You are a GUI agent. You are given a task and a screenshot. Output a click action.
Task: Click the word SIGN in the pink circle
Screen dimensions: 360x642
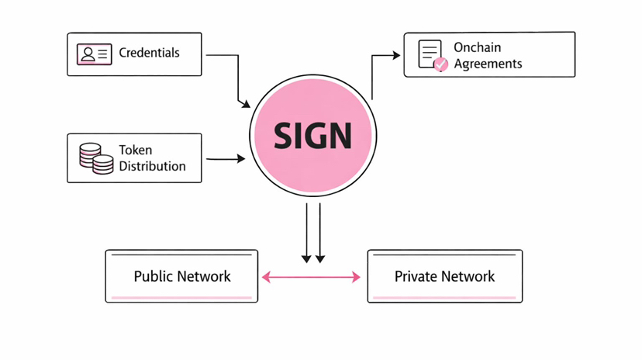(312, 136)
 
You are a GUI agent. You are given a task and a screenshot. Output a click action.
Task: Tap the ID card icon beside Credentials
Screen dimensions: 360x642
(94, 54)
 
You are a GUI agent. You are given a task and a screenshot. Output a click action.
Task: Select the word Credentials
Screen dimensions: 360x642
(149, 53)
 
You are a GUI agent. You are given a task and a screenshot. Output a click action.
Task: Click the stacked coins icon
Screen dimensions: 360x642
(96, 157)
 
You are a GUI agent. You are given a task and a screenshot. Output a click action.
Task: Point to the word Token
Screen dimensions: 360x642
(135, 150)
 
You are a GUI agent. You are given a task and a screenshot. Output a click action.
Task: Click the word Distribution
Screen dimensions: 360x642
(152, 166)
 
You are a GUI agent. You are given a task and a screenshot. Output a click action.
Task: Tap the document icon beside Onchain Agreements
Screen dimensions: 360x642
(430, 54)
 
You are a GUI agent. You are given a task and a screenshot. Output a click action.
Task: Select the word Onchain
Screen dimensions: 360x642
(477, 47)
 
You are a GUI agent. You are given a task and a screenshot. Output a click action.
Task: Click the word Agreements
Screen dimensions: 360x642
(488, 64)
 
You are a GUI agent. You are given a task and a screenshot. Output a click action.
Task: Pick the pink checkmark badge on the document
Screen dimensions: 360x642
(440, 65)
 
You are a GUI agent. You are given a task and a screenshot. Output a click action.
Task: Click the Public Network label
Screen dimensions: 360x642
(182, 276)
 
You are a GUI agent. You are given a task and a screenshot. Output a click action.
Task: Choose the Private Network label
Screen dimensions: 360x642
(444, 276)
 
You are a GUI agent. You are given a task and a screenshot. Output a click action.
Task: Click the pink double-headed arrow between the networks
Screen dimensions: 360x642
(311, 276)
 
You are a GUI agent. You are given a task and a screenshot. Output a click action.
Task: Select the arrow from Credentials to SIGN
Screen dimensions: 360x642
(237, 78)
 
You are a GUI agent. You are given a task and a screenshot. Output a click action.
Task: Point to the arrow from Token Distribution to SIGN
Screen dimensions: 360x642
(226, 159)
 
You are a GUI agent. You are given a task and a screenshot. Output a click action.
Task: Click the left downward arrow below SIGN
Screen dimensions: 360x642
(307, 233)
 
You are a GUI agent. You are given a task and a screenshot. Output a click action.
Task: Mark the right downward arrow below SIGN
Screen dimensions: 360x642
(320, 233)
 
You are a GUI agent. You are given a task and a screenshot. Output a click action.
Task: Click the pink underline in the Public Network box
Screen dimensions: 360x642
(181, 297)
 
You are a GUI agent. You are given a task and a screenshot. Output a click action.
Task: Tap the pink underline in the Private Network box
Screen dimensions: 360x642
(444, 297)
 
